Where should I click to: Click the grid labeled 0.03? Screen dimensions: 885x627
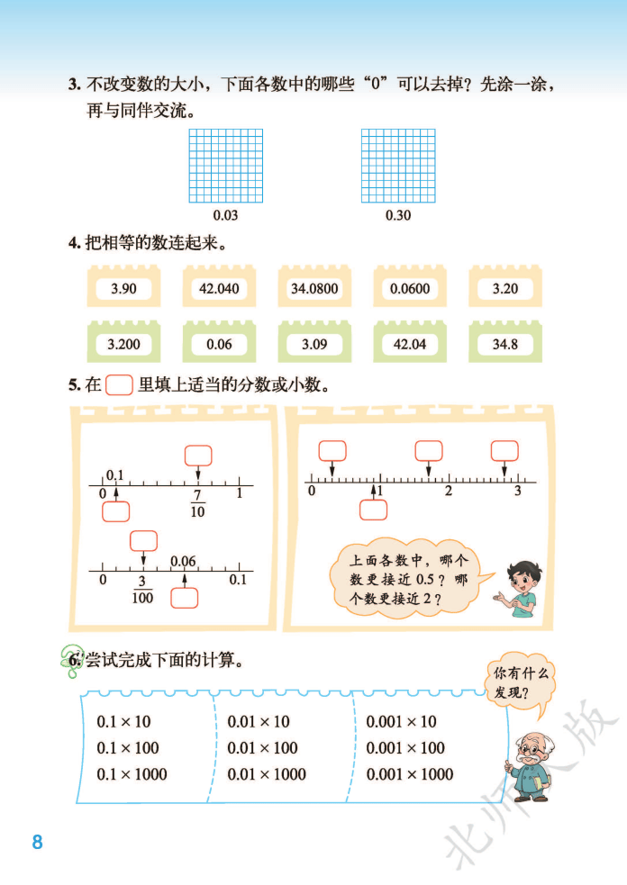(226, 166)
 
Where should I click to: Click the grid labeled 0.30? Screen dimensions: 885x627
(398, 166)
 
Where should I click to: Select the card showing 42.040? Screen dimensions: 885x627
(219, 289)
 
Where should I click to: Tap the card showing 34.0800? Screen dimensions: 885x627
(314, 289)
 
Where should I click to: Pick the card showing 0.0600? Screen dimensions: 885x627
(411, 289)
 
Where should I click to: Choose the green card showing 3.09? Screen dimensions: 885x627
(314, 344)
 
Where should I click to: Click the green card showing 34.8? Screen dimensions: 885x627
(505, 344)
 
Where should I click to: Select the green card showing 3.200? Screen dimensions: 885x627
(123, 344)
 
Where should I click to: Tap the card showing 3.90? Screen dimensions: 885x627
(123, 289)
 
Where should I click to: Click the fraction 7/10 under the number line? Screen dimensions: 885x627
(197, 504)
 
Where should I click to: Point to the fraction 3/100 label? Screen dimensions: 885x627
(142, 591)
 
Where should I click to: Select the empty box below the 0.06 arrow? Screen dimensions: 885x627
(184, 599)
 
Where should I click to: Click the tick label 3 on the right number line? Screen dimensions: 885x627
(517, 492)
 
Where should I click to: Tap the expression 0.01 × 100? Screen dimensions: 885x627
(262, 747)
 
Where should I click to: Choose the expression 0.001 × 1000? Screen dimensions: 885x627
(410, 773)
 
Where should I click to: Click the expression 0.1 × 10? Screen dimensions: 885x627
(123, 721)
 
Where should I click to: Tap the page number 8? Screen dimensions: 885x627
(37, 843)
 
